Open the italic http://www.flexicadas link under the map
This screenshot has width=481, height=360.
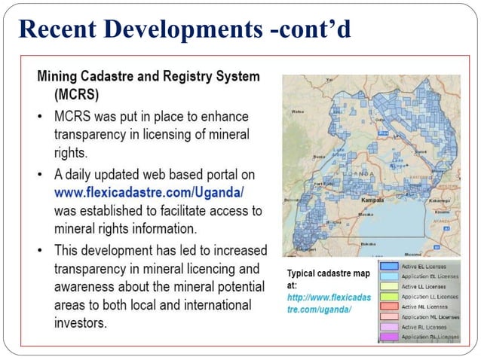point(329,298)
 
